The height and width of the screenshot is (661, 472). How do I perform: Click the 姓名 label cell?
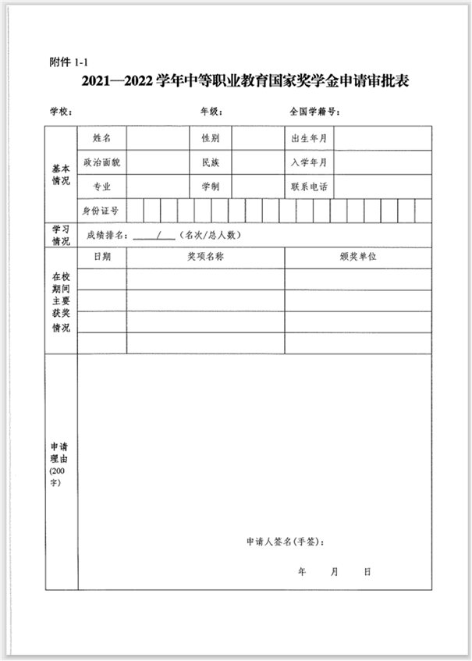tap(101, 139)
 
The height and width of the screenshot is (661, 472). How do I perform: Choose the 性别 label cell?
tap(211, 139)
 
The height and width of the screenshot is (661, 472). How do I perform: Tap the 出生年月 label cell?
tap(309, 139)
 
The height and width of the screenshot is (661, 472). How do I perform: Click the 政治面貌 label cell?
tap(101, 163)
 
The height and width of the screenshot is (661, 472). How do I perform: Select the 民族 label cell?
tap(211, 163)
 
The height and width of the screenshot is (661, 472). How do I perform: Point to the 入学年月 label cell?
tap(309, 163)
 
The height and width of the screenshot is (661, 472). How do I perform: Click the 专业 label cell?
tap(101, 187)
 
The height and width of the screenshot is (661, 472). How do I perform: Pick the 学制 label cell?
tap(211, 187)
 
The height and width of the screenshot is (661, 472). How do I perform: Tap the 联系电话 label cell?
tap(309, 187)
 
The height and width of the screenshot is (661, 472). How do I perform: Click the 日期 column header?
tap(102, 257)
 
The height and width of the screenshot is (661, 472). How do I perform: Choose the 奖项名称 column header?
tap(205, 257)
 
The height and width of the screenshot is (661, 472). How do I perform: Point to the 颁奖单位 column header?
tap(358, 257)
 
